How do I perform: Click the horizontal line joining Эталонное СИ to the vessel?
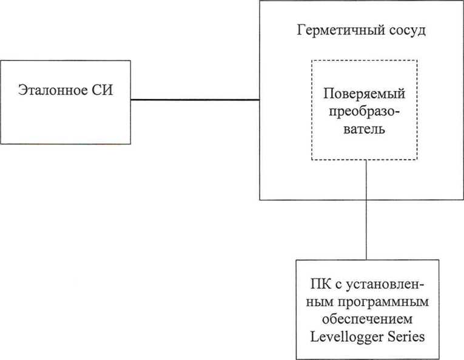[x=195, y=100]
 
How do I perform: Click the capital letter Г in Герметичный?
[x=301, y=30]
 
